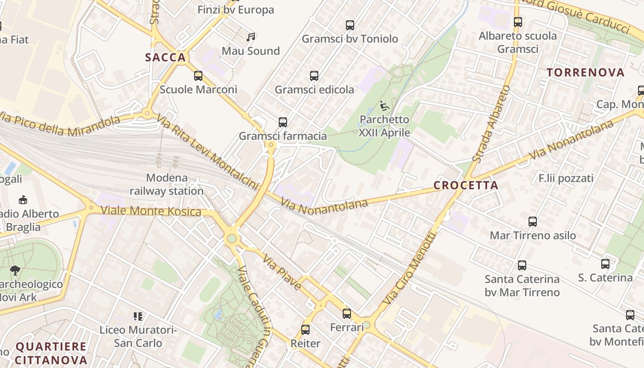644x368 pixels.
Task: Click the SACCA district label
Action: [166, 57]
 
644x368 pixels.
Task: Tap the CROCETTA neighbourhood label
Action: [466, 185]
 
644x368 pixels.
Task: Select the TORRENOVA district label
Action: [586, 72]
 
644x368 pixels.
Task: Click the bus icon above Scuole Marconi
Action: [198, 76]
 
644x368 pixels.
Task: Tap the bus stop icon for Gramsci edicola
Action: [314, 76]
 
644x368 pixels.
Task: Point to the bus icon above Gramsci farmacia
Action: [283, 122]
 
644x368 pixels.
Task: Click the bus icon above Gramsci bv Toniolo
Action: [350, 25]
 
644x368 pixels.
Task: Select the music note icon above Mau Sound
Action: [251, 37]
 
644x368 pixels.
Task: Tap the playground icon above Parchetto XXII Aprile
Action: [385, 106]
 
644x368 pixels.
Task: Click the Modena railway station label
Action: [167, 184]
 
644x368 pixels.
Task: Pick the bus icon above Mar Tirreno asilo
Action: [533, 222]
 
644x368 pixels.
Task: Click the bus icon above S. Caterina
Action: [605, 264]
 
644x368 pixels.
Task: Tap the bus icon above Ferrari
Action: [347, 314]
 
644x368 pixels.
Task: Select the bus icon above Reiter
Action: [305, 330]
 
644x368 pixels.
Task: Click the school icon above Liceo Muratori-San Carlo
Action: [138, 316]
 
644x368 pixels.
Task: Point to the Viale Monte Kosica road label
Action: [151, 211]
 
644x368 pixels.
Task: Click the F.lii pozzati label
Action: [566, 178]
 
